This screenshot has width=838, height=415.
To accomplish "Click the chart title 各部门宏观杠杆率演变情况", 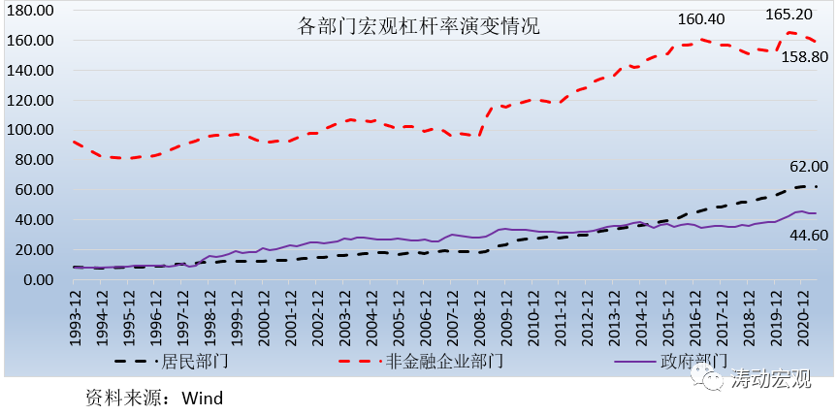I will (x=418, y=26).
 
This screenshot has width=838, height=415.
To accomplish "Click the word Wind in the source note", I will (x=203, y=398).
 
